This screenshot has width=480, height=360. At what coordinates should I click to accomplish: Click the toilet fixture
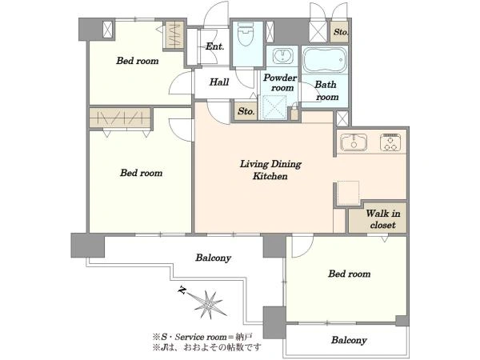246,34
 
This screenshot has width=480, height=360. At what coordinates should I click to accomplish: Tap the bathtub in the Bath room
325,60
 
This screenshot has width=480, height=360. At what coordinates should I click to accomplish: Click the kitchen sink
354,142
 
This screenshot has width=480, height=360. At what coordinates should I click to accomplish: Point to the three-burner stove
390,142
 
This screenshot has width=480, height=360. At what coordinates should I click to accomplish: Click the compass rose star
209,304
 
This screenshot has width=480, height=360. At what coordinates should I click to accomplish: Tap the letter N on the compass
182,290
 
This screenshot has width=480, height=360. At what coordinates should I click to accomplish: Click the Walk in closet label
382,219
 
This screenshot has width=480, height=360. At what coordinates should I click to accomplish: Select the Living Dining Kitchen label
270,170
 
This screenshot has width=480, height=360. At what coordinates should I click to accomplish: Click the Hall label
219,82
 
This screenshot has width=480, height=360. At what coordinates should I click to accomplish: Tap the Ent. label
214,46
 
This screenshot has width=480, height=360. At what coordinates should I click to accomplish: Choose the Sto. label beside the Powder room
246,111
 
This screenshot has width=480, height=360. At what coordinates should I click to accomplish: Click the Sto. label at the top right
341,31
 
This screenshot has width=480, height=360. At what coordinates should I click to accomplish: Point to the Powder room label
280,82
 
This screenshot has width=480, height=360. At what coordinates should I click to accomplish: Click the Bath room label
326,90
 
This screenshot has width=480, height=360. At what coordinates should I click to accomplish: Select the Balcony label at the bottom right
349,340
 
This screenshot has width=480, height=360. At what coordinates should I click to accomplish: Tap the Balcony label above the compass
213,258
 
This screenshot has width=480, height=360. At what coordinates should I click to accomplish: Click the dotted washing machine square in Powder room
274,107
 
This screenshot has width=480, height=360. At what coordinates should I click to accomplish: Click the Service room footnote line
202,338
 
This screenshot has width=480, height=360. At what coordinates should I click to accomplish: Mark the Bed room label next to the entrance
137,61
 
